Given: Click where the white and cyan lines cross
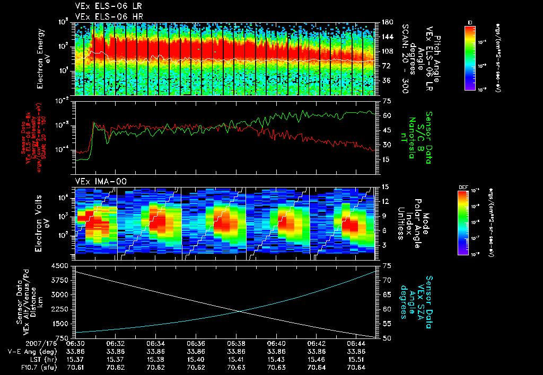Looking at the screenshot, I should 240,311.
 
